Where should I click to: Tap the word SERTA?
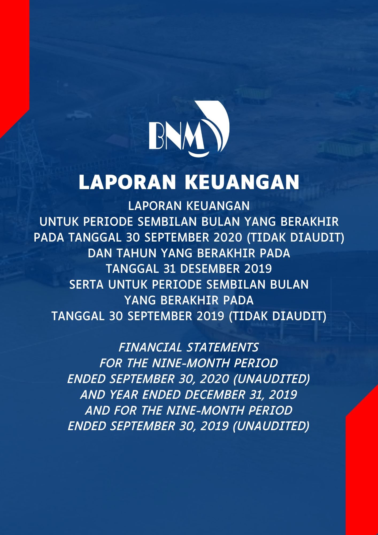pyautogui.click(x=86, y=284)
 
